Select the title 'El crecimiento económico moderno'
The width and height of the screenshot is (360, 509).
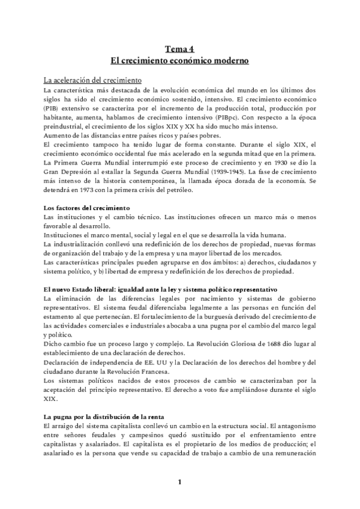pyautogui.click(x=180, y=61)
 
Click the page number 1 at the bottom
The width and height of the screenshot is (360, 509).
pyautogui.click(x=179, y=482)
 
